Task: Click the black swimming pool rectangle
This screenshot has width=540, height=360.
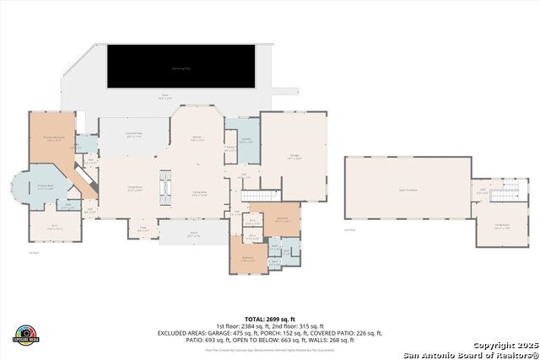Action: click(x=181, y=66)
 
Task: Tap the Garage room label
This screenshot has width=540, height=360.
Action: click(x=293, y=157)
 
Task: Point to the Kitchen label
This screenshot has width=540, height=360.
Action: click(x=196, y=138)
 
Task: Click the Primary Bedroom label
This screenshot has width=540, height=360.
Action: click(x=54, y=140)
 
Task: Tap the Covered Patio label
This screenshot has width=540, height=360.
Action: click(x=134, y=135)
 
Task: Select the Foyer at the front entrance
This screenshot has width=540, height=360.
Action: click(x=143, y=227)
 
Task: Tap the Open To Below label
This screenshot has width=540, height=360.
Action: click(x=408, y=191)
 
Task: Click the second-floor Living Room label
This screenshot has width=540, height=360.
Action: click(x=502, y=226)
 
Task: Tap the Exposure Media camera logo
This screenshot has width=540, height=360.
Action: click(x=26, y=335)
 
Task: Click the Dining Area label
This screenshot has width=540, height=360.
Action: click(x=198, y=193)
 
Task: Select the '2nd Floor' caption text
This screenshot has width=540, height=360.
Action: click(x=349, y=229)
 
